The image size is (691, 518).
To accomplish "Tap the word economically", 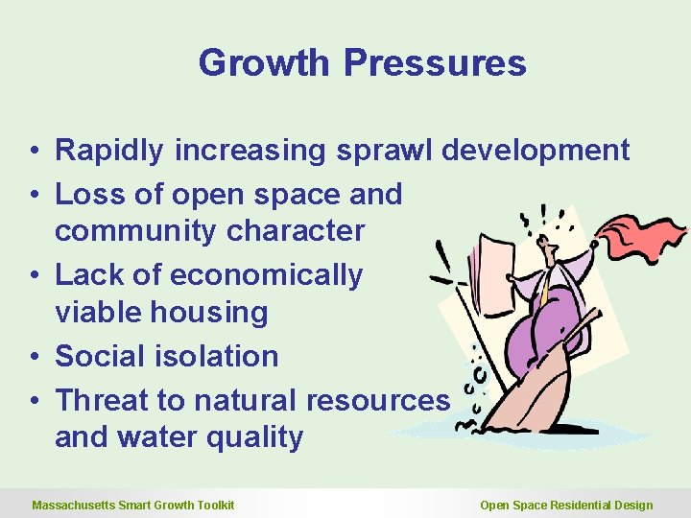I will [266, 275].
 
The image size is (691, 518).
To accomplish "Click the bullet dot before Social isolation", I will [34, 357].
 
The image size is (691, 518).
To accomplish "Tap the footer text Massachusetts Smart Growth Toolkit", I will [133, 506].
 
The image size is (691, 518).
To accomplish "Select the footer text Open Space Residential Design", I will [566, 506].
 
